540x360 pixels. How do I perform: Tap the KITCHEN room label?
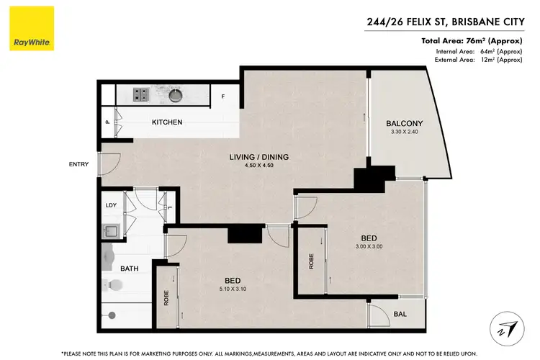(166, 122)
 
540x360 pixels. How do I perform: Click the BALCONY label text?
(404, 123)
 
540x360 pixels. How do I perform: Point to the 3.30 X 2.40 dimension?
(404, 132)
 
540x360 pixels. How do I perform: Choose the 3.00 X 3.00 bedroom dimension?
(369, 247)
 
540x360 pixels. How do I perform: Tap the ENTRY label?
(79, 164)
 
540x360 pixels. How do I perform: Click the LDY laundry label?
(111, 205)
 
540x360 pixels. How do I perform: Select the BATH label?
(130, 269)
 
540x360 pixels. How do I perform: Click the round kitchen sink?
(176, 94)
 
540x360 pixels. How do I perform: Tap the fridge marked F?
(222, 96)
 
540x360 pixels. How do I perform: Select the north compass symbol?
(507, 329)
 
